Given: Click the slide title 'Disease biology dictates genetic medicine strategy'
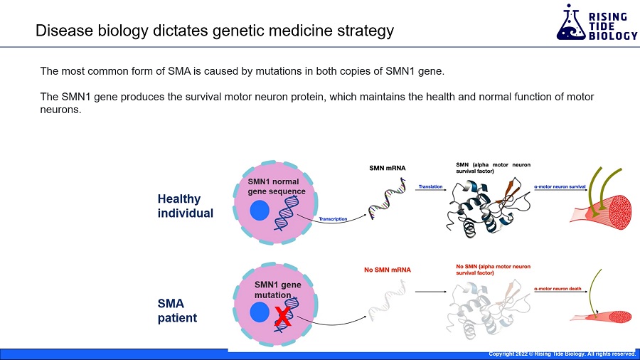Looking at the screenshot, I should (214, 31).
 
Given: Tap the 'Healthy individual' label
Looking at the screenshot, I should (185, 206).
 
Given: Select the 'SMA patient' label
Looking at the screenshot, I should (176, 310).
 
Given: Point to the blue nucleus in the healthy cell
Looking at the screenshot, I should (260, 211).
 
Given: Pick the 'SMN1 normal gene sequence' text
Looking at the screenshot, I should (276, 186).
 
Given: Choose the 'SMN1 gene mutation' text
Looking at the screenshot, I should (277, 290).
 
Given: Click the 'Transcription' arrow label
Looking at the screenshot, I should (333, 219).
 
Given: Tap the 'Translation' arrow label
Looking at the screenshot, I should (430, 186).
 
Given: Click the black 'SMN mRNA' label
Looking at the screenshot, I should (387, 168).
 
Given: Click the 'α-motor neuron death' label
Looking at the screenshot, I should (558, 288).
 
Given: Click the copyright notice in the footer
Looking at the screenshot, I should (561, 354).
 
